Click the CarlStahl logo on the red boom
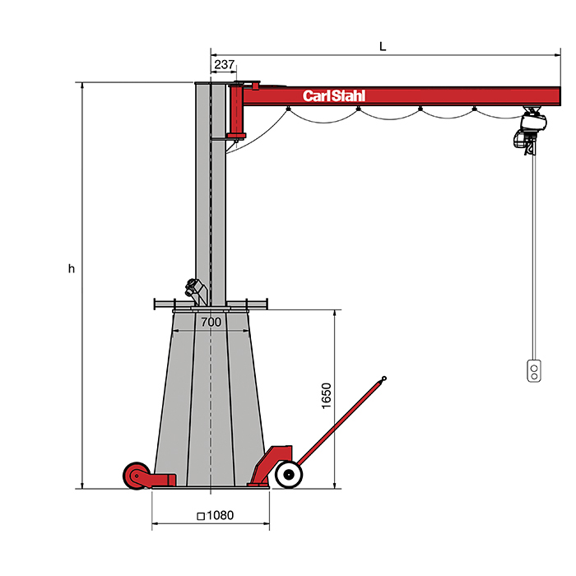(333, 95)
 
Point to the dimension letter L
(383, 46)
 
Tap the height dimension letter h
(72, 268)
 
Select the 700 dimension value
(211, 322)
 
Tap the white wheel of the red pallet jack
(287, 474)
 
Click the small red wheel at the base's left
(135, 475)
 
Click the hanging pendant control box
(535, 371)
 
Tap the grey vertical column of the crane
(211, 189)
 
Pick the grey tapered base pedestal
(210, 395)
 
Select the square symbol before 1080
(201, 516)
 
